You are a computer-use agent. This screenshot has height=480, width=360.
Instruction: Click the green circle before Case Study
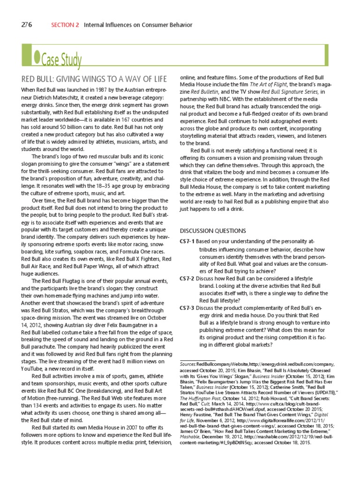(x=37, y=57)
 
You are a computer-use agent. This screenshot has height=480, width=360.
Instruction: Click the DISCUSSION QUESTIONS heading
(x=213, y=231)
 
